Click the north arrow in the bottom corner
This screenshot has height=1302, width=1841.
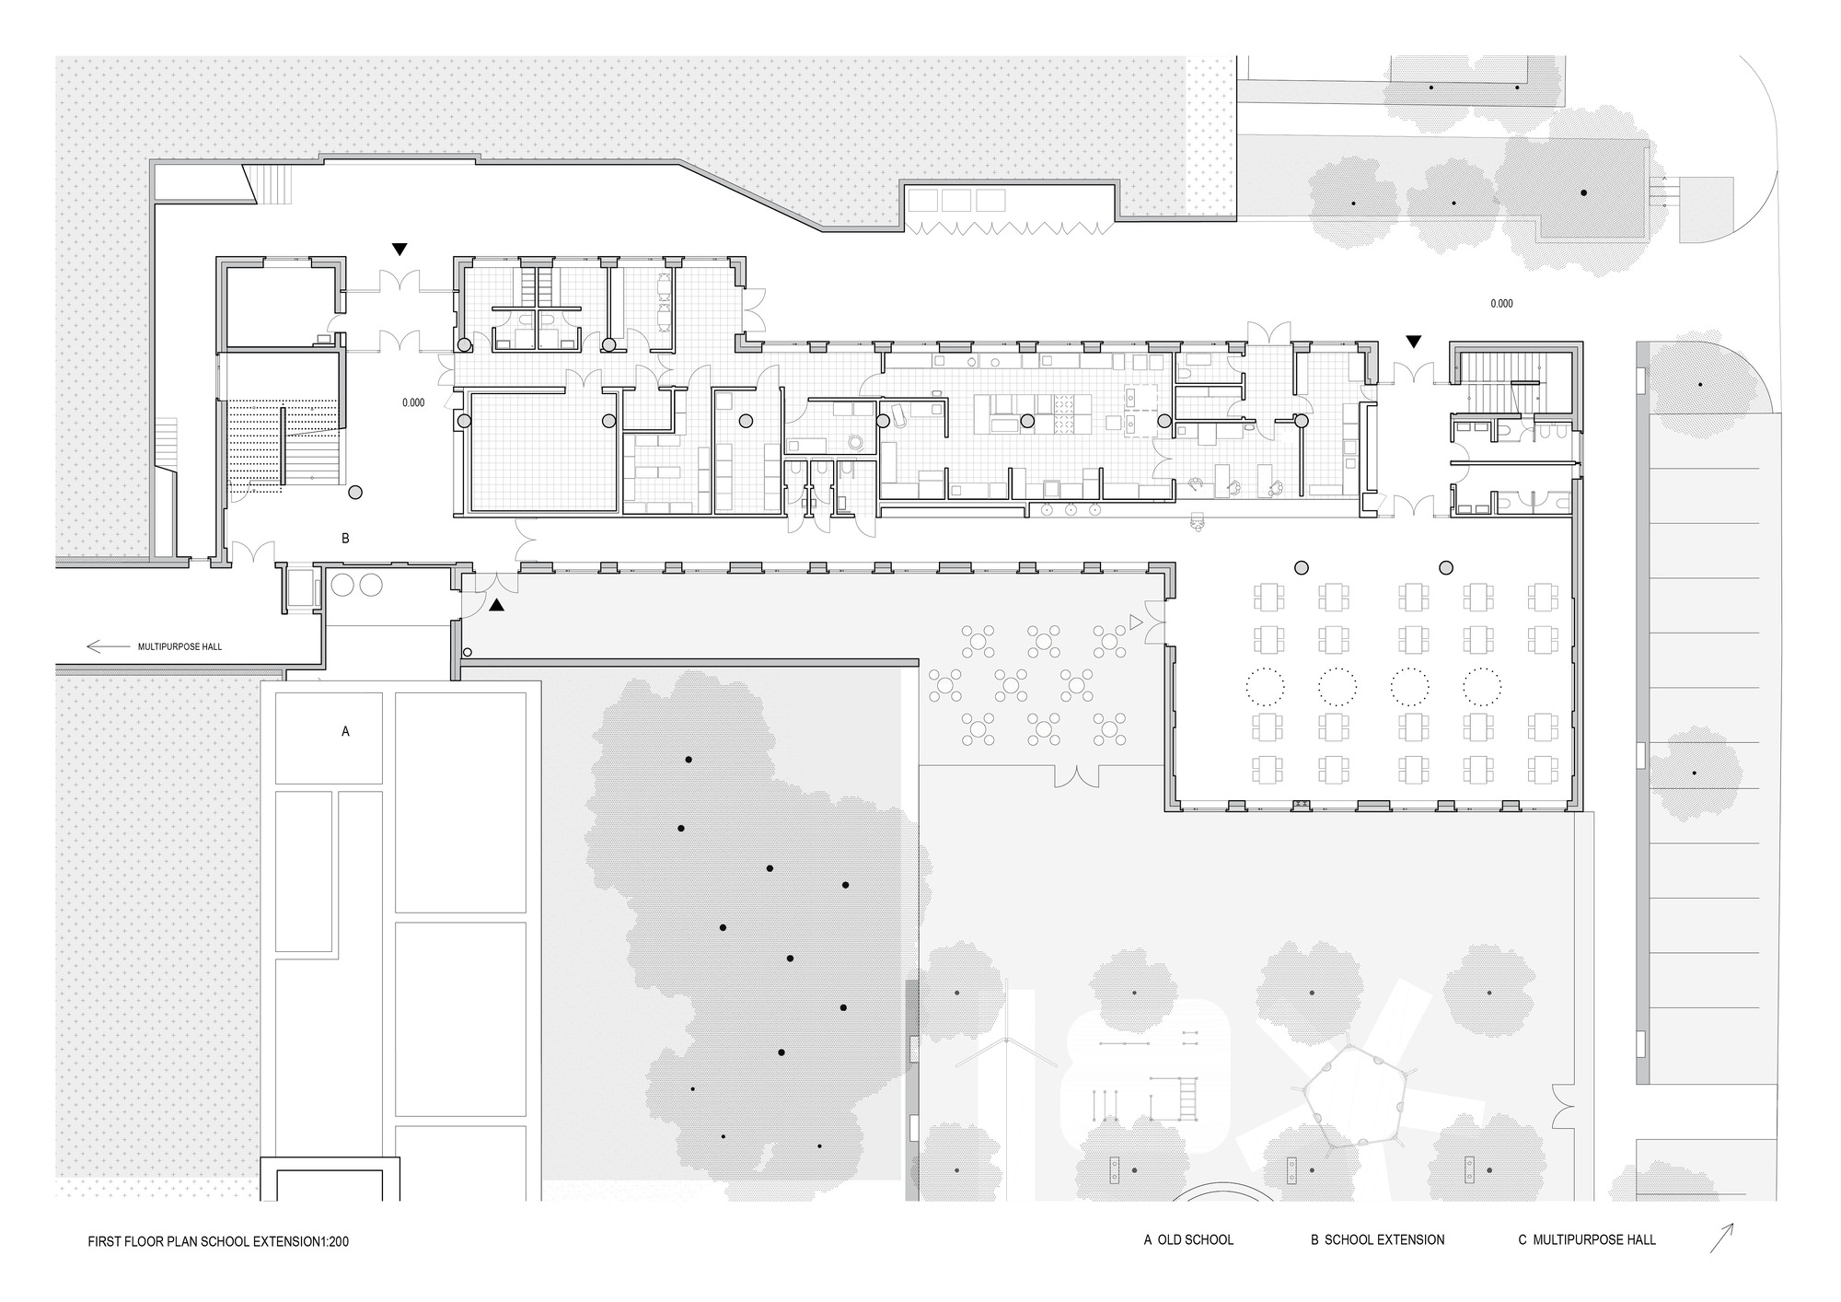click(1721, 1238)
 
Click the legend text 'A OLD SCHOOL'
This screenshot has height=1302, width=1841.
click(1188, 1239)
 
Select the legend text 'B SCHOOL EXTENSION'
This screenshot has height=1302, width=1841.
click(1377, 1239)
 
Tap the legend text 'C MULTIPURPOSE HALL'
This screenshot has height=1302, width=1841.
click(1586, 1239)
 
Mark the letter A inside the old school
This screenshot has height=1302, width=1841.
click(345, 731)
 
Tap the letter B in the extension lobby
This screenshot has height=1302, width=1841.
click(345, 539)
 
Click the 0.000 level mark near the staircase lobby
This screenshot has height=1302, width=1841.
click(413, 402)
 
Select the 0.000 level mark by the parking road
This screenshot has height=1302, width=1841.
click(1501, 303)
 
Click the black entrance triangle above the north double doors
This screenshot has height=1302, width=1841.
click(399, 249)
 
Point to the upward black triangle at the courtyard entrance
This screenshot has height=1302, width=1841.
click(496, 605)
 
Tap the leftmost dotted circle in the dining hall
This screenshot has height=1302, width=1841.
click(1265, 684)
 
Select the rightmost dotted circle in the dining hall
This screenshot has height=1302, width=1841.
click(1482, 684)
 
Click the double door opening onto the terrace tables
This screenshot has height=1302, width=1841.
click(1077, 778)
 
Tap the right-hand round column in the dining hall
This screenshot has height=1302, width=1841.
click(1446, 567)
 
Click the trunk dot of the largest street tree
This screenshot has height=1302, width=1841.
click(1583, 192)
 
